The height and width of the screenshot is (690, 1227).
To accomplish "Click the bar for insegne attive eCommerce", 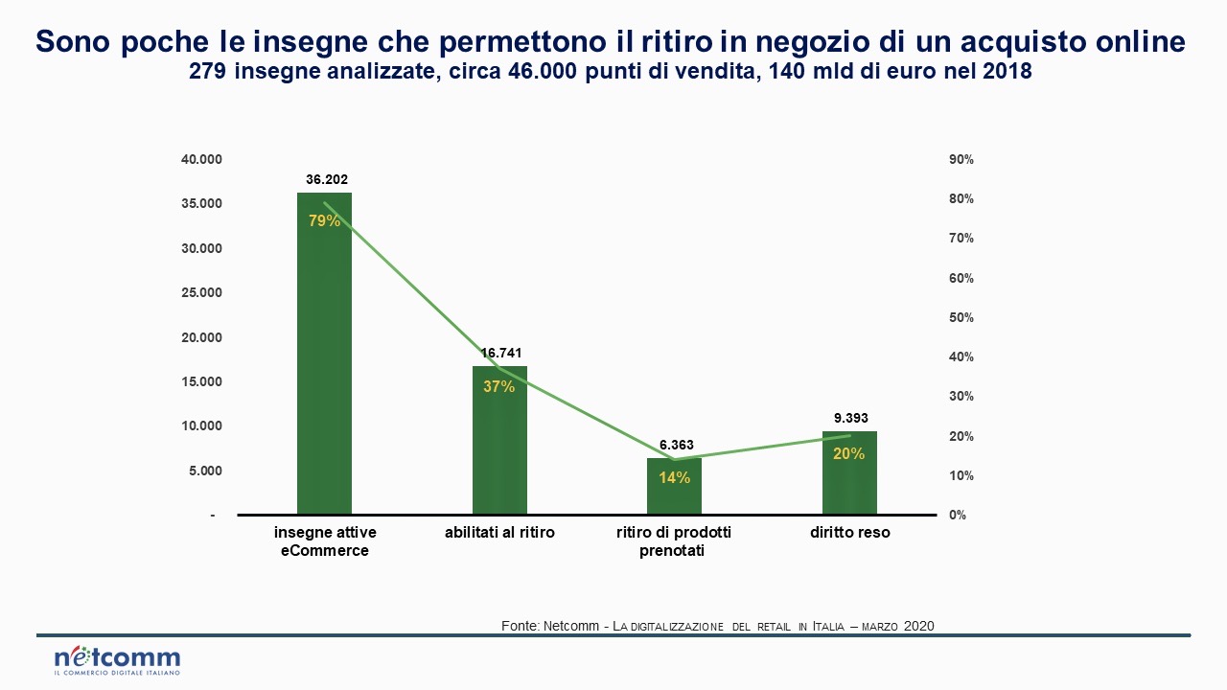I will tap(324, 364).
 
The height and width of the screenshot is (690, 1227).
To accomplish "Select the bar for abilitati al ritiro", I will tap(499, 450).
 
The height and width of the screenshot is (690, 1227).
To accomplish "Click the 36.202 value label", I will tap(325, 179).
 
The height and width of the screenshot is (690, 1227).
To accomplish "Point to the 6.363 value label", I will tap(676, 446).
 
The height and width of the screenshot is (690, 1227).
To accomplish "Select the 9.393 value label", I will tap(850, 418).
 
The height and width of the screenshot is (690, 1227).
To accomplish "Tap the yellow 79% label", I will tap(324, 220).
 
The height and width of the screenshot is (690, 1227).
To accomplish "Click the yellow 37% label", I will tap(499, 387).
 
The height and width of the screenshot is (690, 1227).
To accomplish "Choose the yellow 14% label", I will tap(674, 477).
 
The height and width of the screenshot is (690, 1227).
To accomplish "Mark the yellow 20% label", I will tap(848, 454).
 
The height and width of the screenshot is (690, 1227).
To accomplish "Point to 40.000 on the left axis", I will tap(201, 159).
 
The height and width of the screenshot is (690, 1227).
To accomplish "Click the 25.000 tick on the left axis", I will tap(201, 292).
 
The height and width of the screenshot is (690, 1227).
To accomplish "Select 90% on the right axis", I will tap(961, 159).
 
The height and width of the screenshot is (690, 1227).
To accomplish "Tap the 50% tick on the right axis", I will tap(961, 317).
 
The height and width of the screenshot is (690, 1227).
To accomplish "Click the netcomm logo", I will tap(117, 660).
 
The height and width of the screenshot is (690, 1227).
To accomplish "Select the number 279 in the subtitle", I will tap(208, 72).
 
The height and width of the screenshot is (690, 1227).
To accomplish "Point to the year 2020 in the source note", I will tap(918, 626).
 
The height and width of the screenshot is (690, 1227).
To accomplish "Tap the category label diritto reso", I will tap(849, 532).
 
